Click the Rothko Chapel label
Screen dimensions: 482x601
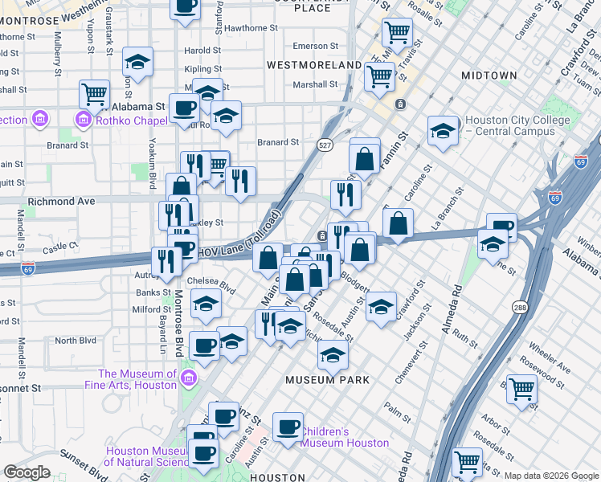(125, 121)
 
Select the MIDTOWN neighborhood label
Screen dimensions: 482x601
(489, 76)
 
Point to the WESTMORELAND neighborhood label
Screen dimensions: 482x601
(313, 64)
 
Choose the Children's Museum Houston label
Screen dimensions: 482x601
(345, 437)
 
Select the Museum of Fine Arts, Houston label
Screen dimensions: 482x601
(137, 379)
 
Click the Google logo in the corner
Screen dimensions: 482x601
(27, 472)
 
